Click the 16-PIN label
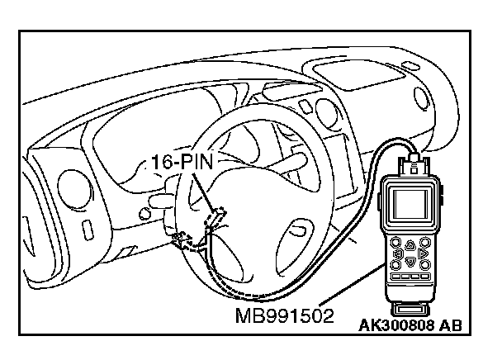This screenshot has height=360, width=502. pyautogui.click(x=183, y=163)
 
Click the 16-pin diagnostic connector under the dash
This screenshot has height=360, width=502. pyautogui.click(x=216, y=216)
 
